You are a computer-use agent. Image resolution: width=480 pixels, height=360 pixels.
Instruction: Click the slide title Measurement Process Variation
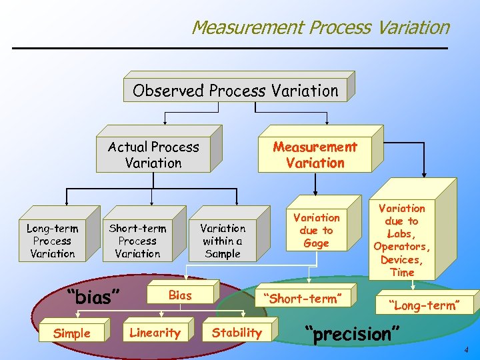(x=320, y=27)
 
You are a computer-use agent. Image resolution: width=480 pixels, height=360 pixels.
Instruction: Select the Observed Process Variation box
(x=235, y=90)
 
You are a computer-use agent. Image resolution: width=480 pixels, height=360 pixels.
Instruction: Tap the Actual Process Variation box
(x=153, y=155)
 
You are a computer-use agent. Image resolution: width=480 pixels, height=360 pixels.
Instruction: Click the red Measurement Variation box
(x=315, y=155)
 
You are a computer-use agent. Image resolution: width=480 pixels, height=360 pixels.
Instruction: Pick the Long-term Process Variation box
(x=52, y=241)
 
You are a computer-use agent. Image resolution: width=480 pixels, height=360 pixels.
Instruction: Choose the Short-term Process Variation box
(x=137, y=241)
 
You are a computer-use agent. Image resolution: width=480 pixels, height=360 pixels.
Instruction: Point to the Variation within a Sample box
(x=223, y=241)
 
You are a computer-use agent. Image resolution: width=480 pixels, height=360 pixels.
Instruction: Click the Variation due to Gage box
(x=316, y=231)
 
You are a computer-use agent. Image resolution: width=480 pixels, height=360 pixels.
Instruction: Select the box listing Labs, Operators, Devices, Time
(x=402, y=240)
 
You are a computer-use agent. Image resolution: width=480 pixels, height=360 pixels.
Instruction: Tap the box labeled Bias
(x=180, y=295)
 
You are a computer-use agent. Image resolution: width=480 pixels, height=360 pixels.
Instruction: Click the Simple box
(x=71, y=333)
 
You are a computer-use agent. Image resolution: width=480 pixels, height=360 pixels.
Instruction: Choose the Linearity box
(x=155, y=333)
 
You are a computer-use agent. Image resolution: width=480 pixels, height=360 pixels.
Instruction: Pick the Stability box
(x=237, y=333)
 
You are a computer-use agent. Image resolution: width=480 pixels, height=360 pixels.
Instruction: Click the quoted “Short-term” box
(x=307, y=299)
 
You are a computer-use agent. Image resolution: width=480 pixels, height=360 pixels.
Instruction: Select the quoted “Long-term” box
(x=426, y=305)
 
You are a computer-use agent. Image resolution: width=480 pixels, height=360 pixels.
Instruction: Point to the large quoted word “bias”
(x=93, y=297)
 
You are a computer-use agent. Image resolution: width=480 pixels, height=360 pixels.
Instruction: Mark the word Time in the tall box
(x=402, y=272)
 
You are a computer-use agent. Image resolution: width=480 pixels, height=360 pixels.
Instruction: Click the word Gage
(x=316, y=243)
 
